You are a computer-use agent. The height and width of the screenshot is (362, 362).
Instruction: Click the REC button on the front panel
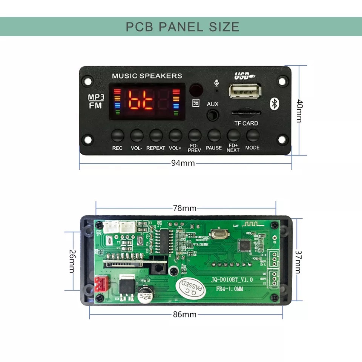(x=117, y=135)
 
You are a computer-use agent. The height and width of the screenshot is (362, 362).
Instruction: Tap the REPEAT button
(x=156, y=135)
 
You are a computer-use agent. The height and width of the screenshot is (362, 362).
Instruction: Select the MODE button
(x=253, y=135)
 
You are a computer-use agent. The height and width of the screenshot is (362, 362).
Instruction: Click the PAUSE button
(x=214, y=135)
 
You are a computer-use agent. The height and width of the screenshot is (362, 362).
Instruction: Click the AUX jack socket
(x=213, y=115)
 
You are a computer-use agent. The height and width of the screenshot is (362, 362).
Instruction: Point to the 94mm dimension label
(x=183, y=163)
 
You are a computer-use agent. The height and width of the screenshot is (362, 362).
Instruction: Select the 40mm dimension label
(x=299, y=111)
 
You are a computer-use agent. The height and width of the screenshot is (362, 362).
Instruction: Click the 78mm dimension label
(x=184, y=208)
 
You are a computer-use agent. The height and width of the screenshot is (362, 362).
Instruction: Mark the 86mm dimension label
(x=184, y=314)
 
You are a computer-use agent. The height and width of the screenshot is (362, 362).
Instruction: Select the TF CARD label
(x=246, y=123)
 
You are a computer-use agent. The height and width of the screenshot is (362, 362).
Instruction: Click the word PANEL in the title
(x=182, y=27)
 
